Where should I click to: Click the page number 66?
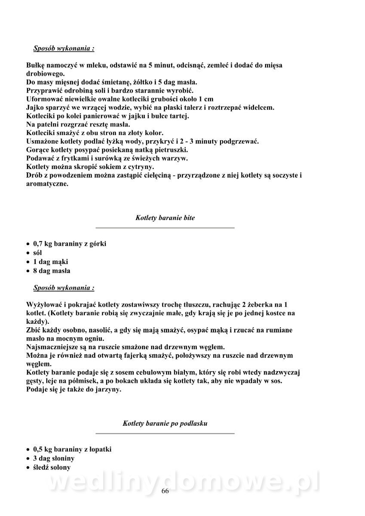click(165, 492)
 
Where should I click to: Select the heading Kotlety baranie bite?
click(165, 218)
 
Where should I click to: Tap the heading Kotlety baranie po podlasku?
click(165, 424)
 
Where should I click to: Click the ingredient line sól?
click(37, 253)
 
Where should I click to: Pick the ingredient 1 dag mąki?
click(50, 262)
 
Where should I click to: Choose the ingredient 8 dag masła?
click(52, 271)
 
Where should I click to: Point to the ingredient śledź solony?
click(52, 467)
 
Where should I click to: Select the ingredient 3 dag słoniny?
click(54, 458)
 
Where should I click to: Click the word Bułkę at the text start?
click(36, 65)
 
